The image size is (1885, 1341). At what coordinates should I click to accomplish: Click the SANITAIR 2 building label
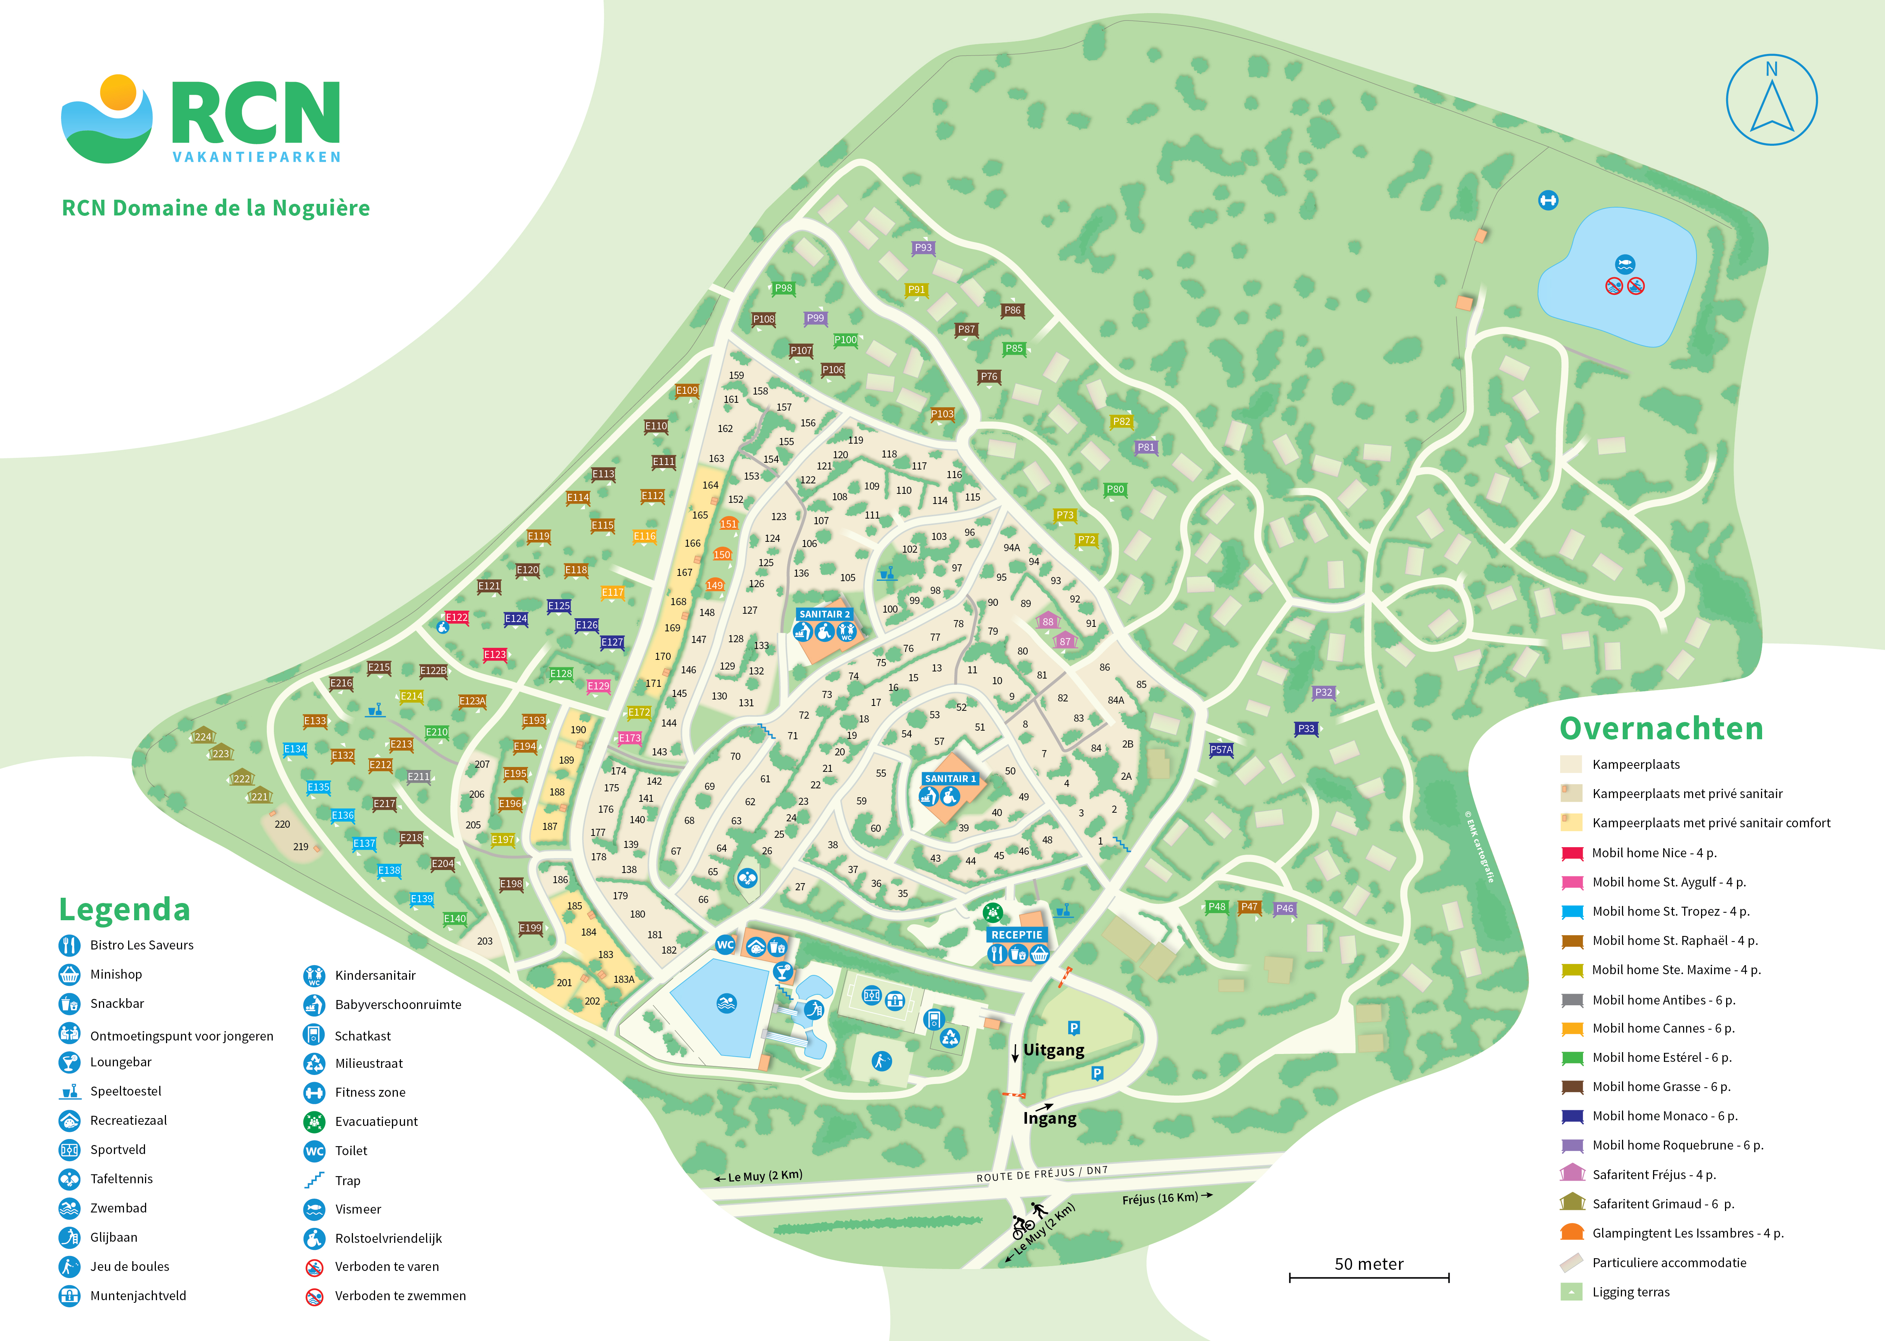pos(824,614)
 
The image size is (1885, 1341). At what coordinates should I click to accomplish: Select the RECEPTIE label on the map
pos(1016,935)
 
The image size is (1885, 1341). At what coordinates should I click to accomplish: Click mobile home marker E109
pos(686,390)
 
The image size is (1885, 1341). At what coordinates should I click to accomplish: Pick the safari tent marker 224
pos(203,737)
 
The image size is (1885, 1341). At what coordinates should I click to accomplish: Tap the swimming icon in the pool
pos(726,1003)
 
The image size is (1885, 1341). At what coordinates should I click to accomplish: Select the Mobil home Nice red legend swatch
pos(1572,853)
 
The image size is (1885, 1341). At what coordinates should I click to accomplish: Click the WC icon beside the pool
pos(725,945)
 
